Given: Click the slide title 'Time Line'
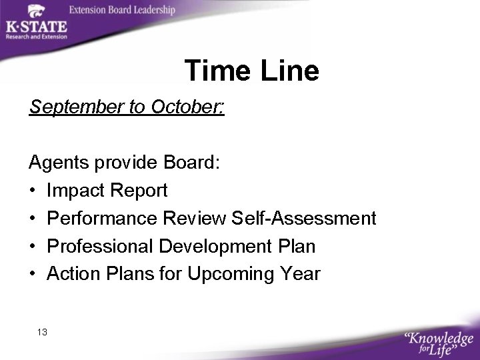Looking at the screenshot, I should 251,71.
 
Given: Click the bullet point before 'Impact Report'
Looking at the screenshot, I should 33,191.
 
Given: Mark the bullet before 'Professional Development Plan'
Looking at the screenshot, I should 33,247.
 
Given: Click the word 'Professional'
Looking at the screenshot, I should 100,246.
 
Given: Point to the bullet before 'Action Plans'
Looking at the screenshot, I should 33,275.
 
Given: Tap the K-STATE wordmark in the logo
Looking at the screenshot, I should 36,27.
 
